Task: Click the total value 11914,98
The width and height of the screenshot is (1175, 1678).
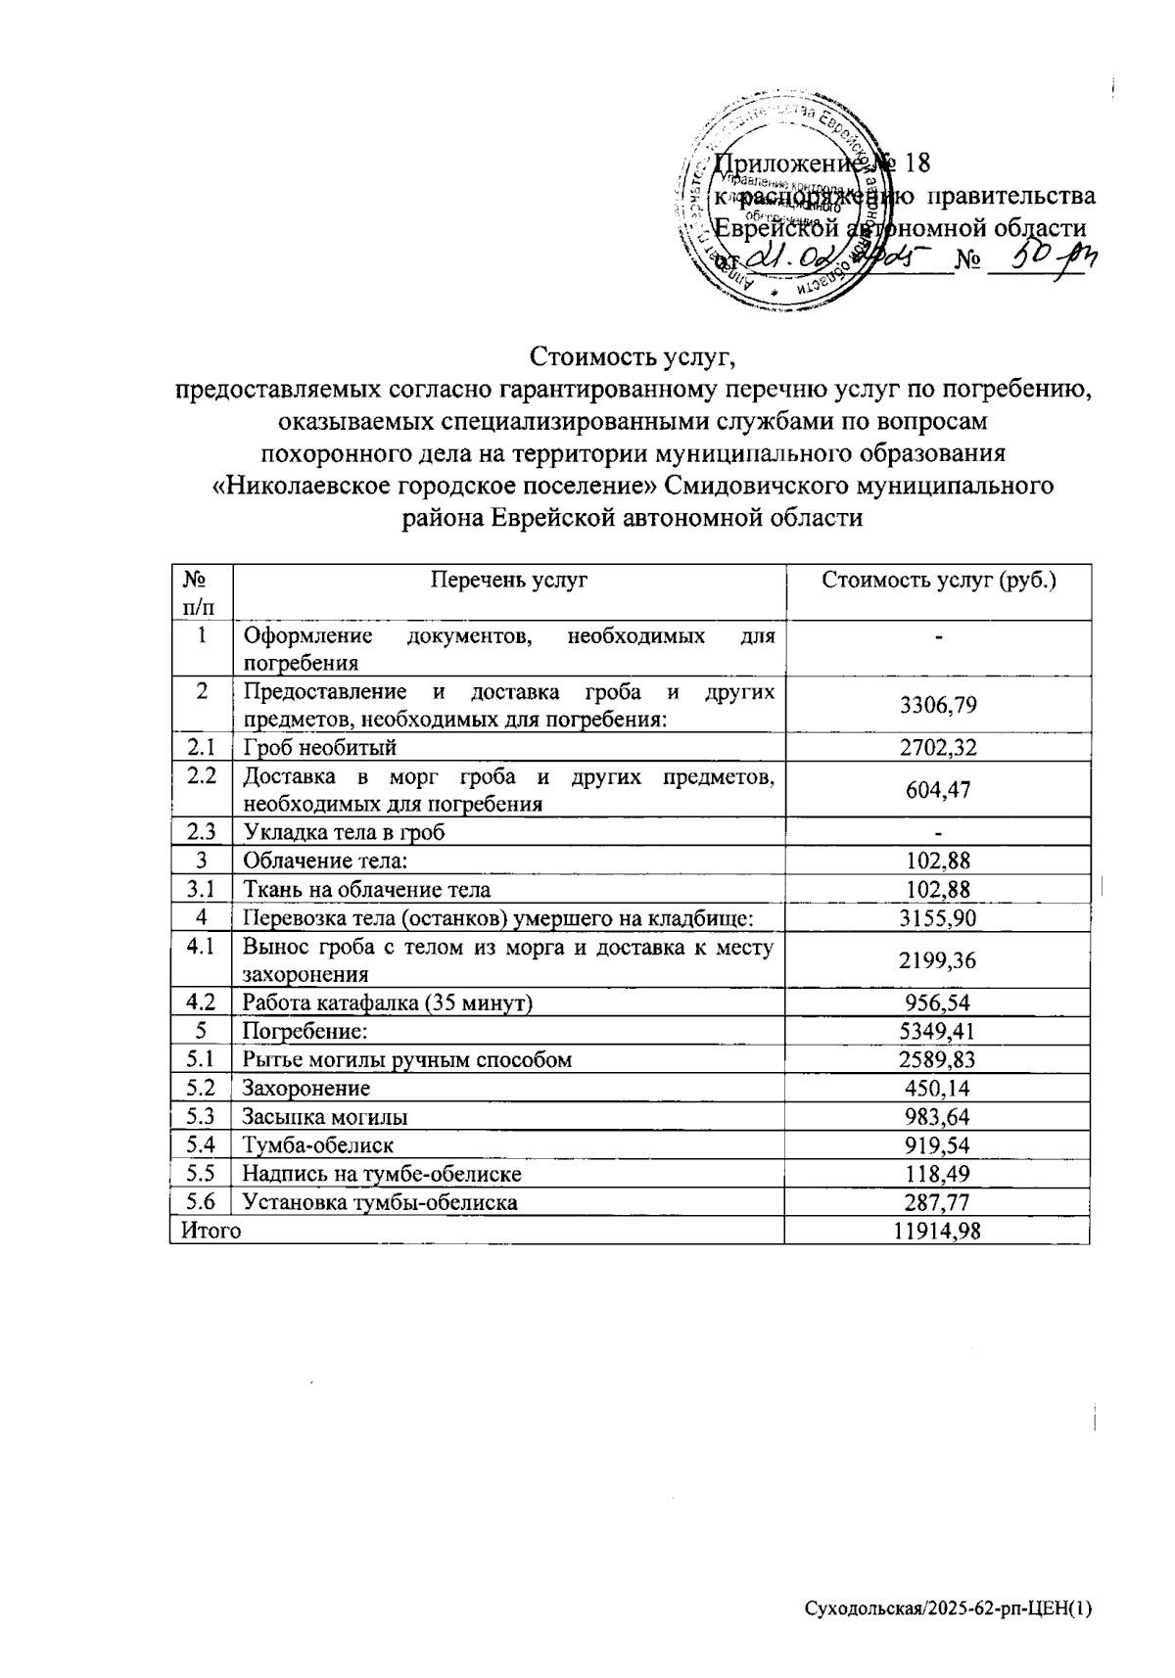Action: coord(937,1231)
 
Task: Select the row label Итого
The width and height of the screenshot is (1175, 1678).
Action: coord(206,1231)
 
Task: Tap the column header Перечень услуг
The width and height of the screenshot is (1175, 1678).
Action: coord(509,580)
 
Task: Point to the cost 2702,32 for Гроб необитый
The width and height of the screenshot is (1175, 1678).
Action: coord(938,749)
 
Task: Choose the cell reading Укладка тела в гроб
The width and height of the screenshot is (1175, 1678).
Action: coord(344,833)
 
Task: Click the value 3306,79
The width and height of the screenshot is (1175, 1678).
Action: coord(938,706)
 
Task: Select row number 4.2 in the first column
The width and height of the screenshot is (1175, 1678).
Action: coord(201,1002)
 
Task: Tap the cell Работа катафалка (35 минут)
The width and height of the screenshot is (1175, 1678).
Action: coord(388,1002)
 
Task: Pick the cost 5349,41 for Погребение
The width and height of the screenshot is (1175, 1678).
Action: coord(938,1031)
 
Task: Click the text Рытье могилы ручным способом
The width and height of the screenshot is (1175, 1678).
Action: coord(407,1059)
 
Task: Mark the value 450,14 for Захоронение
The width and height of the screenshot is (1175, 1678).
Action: coord(938,1088)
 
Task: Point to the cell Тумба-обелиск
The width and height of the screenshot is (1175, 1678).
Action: coord(318,1144)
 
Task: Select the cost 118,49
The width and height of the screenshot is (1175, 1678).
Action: coord(938,1173)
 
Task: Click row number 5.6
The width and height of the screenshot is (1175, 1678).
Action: coord(201,1201)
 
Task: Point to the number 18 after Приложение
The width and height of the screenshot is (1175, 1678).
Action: coord(916,163)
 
